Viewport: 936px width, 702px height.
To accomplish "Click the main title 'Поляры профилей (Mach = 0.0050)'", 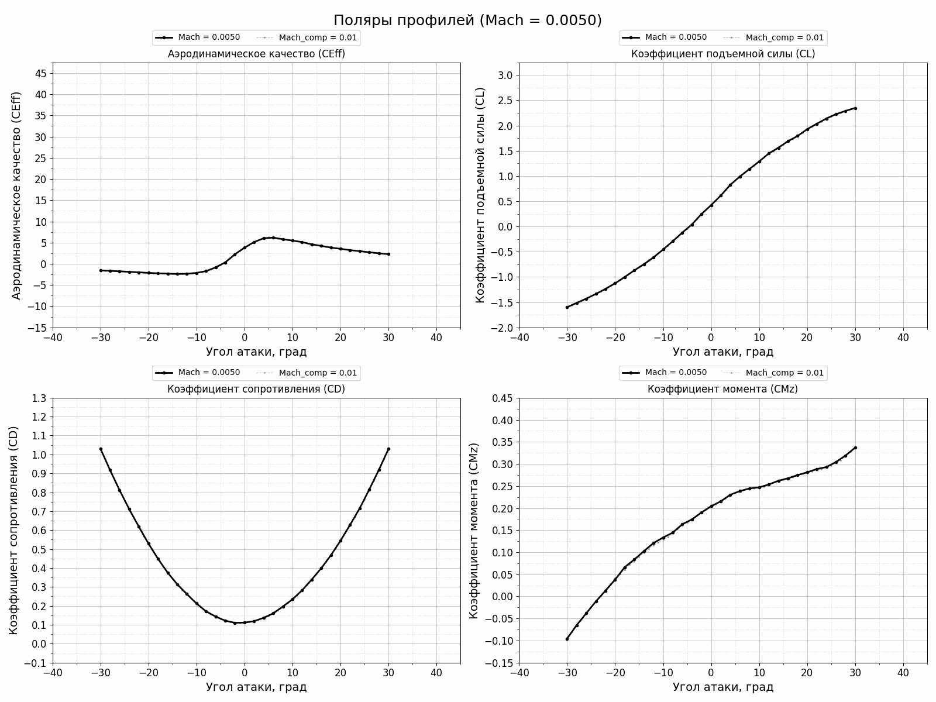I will pos(467,20).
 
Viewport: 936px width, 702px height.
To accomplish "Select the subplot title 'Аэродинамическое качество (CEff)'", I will pos(256,54).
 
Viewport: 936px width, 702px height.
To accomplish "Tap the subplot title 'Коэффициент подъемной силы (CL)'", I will pos(722,54).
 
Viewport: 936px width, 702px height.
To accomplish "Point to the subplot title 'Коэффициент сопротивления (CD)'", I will pos(256,389).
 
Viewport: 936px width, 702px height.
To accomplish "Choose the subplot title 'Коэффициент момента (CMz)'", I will pos(722,389).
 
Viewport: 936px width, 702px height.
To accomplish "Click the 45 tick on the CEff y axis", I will pos(41,74).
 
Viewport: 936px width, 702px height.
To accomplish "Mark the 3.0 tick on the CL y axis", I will pos(505,75).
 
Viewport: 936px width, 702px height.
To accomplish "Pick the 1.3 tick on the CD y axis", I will pos(39,398).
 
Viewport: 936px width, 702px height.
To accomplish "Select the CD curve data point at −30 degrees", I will pos(101,449).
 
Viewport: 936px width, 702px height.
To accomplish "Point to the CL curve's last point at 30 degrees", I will pos(855,108).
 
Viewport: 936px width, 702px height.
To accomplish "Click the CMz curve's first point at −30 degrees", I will pos(567,639).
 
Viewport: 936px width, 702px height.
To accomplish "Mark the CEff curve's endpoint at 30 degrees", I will pos(388,254).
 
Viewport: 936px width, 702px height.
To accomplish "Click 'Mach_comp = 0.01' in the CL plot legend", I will pos(784,38).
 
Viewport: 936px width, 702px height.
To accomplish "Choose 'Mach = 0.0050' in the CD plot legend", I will pos(209,373).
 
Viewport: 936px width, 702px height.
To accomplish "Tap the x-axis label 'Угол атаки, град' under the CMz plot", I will pos(722,687).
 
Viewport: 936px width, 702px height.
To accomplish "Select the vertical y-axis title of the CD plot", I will pos(14,530).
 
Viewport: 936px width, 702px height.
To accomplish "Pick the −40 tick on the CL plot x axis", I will pos(519,338).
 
